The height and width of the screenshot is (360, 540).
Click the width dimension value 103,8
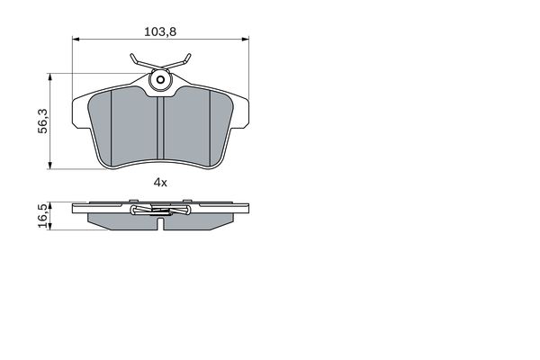tap(159, 31)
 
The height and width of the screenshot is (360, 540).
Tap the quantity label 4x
tap(160, 182)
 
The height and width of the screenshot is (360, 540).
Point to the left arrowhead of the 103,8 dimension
tap(76, 39)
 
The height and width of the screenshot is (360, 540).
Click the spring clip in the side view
tap(159, 212)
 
